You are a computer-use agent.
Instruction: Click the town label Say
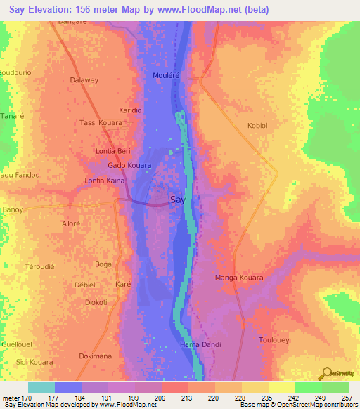click(x=178, y=200)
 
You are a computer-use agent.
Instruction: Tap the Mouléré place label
click(x=167, y=74)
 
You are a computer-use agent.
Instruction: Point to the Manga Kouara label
click(x=238, y=278)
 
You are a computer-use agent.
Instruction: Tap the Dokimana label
click(x=95, y=356)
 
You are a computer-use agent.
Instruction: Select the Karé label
click(x=123, y=285)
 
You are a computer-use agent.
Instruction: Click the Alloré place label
click(x=72, y=223)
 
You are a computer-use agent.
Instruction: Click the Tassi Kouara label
click(x=101, y=122)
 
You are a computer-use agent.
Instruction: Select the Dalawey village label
click(x=85, y=80)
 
